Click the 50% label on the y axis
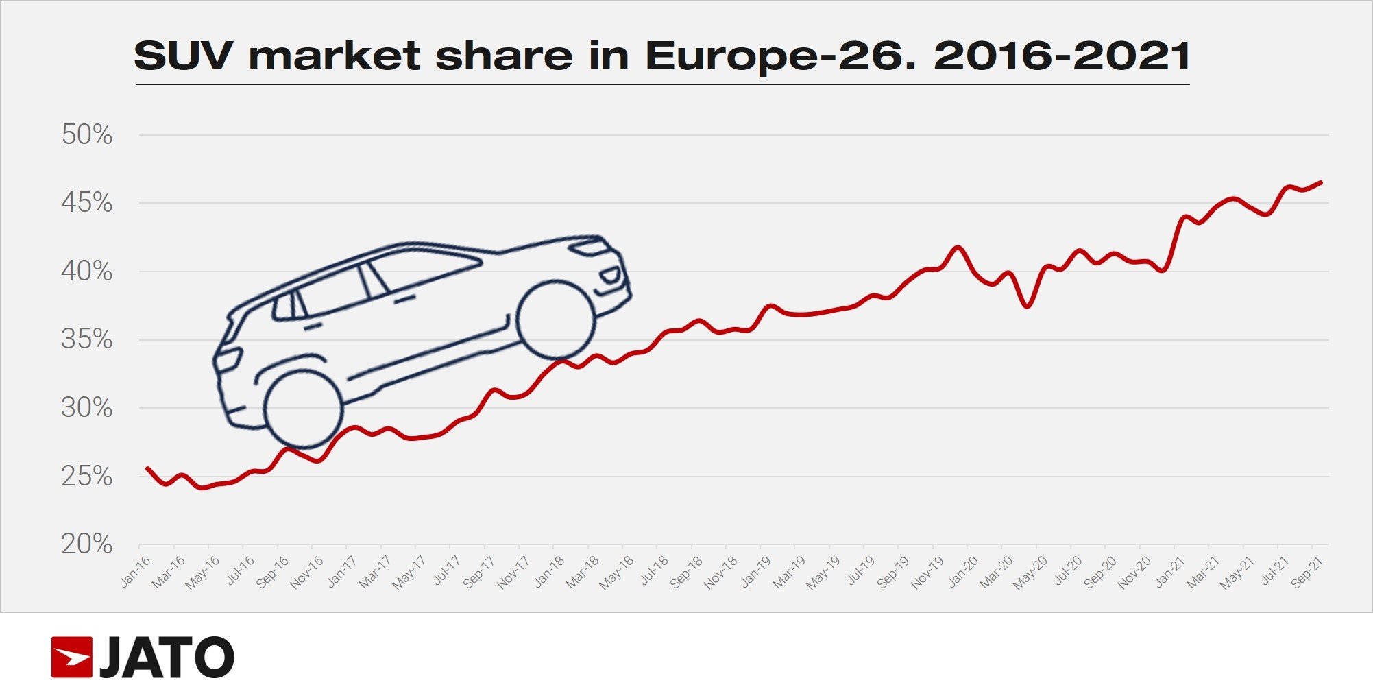pyautogui.click(x=87, y=135)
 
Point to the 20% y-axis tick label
pyautogui.click(x=87, y=544)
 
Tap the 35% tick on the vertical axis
pyautogui.click(x=87, y=339)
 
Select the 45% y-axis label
pyautogui.click(x=87, y=203)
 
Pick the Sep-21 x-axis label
pyautogui.click(x=1307, y=573)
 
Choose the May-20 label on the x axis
pyautogui.click(x=1030, y=573)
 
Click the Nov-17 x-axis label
pyautogui.click(x=513, y=573)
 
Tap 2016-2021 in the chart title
pyautogui.click(x=1062, y=56)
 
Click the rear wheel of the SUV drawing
pyautogui.click(x=303, y=409)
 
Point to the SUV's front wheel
pyautogui.click(x=555, y=320)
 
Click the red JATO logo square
pyautogui.click(x=71, y=658)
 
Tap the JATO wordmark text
pyautogui.click(x=167, y=658)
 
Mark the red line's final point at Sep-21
pyautogui.click(x=1321, y=182)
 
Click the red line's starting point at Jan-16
pyautogui.click(x=147, y=468)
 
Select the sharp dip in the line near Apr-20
pyautogui.click(x=1027, y=306)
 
